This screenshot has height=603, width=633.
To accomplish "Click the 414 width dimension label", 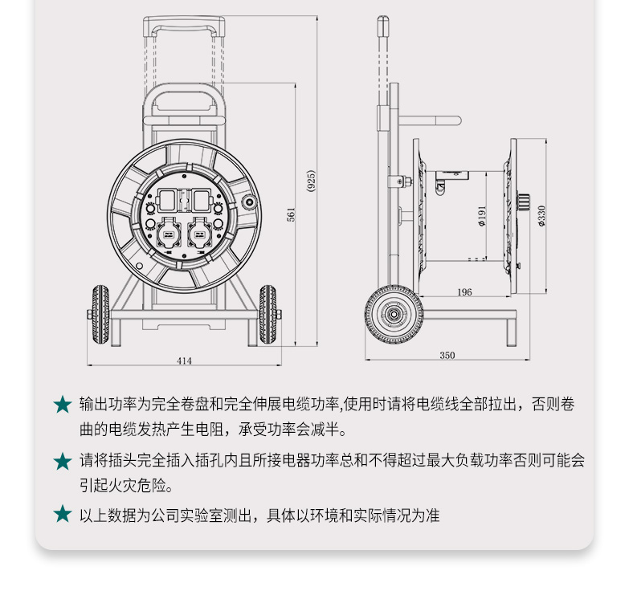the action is coord(184,361).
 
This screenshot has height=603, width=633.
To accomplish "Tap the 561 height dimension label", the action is coord(291,214).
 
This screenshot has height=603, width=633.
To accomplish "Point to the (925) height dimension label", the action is coord(311,181).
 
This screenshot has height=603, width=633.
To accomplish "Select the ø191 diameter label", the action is coord(482,216).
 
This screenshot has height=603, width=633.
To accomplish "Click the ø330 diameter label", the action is coord(541,216).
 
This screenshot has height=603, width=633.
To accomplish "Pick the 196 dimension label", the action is coord(464,291).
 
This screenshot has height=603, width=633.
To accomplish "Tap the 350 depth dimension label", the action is coord(447,355).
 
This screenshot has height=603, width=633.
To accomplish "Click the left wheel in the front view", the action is coord(100,315).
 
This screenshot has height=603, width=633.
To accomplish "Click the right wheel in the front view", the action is coord(267,315).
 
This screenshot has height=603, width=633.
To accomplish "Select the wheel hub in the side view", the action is coord(394,314).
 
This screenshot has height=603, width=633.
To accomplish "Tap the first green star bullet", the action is coord(63,405).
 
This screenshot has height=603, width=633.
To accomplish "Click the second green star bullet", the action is coord(63,462).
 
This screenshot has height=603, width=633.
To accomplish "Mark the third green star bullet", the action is coord(63,514).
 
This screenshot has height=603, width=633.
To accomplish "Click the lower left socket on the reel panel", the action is coord(169,234).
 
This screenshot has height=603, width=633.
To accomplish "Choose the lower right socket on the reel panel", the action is coord(200,234).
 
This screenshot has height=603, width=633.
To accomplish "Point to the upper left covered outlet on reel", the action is coord(167,201).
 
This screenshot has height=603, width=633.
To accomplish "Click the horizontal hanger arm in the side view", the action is coord(430,120).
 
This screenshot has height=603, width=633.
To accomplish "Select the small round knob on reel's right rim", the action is coord(249,202).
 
